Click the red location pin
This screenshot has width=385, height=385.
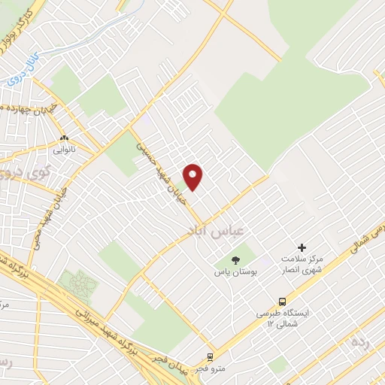(x=194, y=176)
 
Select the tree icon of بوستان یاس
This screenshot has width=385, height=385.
(x=236, y=259)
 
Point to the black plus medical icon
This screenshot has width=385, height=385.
(x=302, y=247)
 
